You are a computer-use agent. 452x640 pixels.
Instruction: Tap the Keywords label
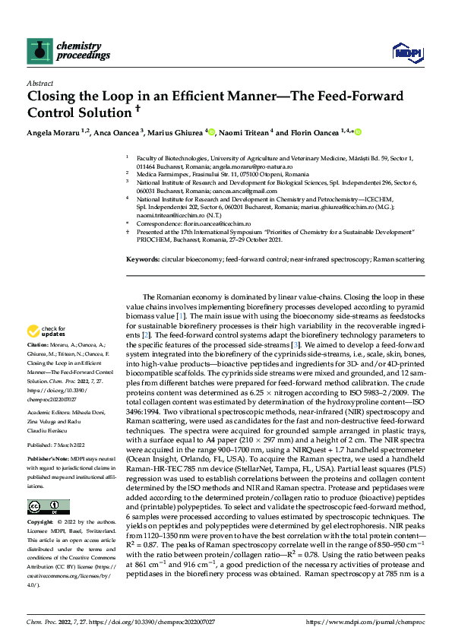143,259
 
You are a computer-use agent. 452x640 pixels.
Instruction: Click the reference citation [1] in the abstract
180,315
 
